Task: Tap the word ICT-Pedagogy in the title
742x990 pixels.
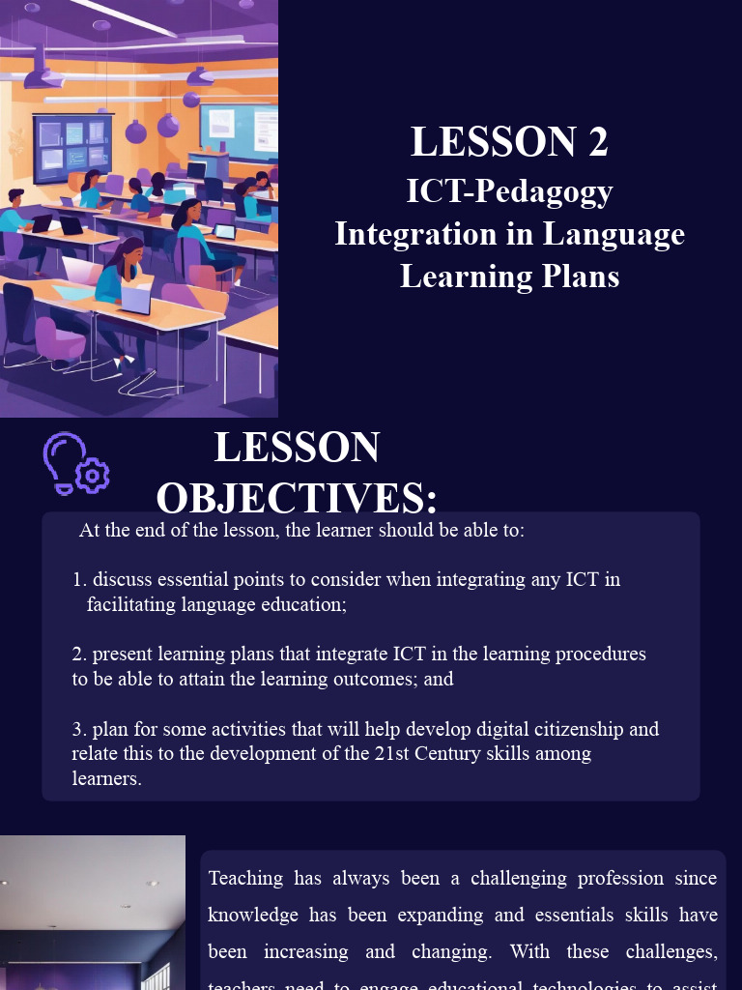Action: coord(509,190)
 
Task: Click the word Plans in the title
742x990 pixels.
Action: coord(577,277)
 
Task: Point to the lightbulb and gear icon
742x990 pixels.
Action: coord(74,463)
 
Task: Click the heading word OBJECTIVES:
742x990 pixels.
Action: coord(297,498)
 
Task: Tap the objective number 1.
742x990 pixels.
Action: coord(79,580)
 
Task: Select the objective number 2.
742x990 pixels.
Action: coord(77,655)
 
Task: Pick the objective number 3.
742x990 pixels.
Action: coord(77,729)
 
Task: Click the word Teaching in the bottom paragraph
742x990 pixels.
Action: coord(245,879)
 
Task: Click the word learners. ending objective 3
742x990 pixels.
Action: coord(106,778)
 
